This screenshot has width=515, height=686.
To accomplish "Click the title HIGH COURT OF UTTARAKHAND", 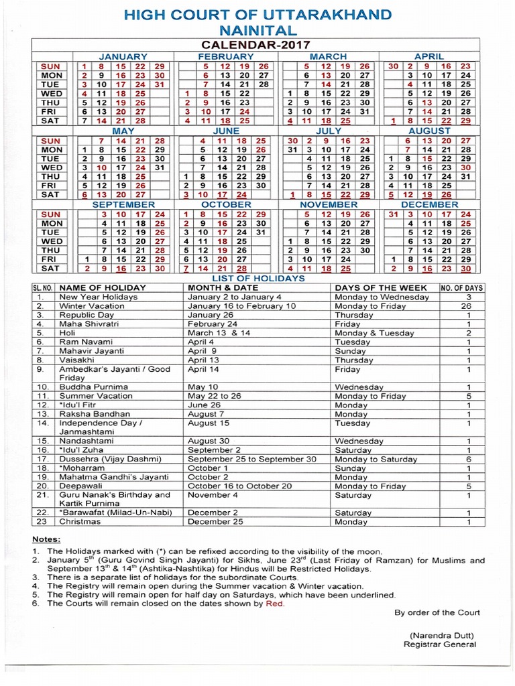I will click(257, 14).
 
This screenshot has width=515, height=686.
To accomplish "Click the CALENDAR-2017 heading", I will click(257, 44).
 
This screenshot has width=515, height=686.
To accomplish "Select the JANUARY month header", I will click(123, 57).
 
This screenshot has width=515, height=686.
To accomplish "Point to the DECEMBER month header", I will click(429, 204).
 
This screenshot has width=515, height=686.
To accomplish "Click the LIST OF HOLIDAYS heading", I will click(257, 277).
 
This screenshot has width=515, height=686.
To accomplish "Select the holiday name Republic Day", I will click(87, 314).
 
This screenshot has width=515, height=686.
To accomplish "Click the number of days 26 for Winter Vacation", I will click(469, 305).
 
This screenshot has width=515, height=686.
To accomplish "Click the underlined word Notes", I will click(46, 539).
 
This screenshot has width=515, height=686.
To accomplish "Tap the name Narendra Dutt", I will click(441, 634).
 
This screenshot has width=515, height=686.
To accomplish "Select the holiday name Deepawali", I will click(82, 485).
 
